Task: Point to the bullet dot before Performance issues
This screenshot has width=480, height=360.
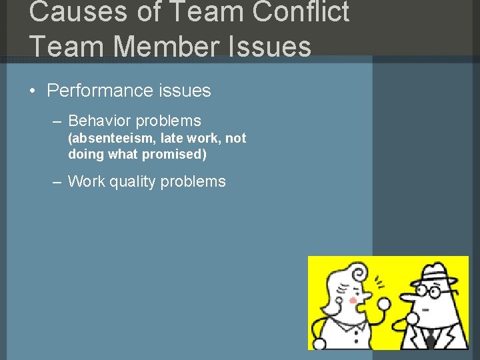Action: [x=33, y=91]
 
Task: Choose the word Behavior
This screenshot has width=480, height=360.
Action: [x=99, y=121]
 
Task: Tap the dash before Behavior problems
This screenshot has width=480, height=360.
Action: [x=57, y=121]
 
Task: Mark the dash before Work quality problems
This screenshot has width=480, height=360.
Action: [x=57, y=182]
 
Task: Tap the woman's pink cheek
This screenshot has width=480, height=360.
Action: [x=353, y=301]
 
